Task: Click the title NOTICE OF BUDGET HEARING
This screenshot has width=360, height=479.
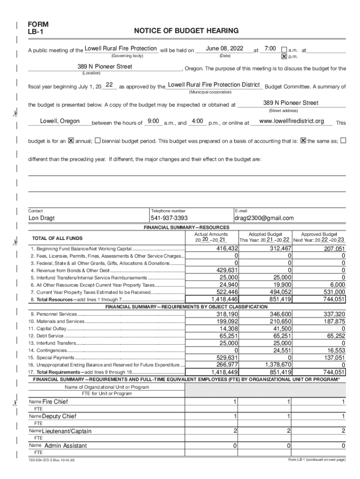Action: tap(186, 31)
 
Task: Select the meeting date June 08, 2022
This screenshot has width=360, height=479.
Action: tap(224, 49)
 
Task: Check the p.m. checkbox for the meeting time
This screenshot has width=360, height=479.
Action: tap(283, 57)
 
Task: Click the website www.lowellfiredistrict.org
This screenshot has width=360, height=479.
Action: tap(291, 121)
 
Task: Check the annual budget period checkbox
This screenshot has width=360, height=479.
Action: tap(71, 140)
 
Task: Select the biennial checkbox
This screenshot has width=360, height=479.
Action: tap(97, 140)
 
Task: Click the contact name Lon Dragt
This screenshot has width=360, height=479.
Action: tap(41, 218)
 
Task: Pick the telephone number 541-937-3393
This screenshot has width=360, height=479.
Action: tap(169, 218)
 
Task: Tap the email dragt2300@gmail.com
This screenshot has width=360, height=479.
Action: tap(264, 218)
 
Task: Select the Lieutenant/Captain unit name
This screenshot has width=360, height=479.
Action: tap(67, 431)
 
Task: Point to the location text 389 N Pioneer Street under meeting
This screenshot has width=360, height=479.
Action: tap(105, 67)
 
